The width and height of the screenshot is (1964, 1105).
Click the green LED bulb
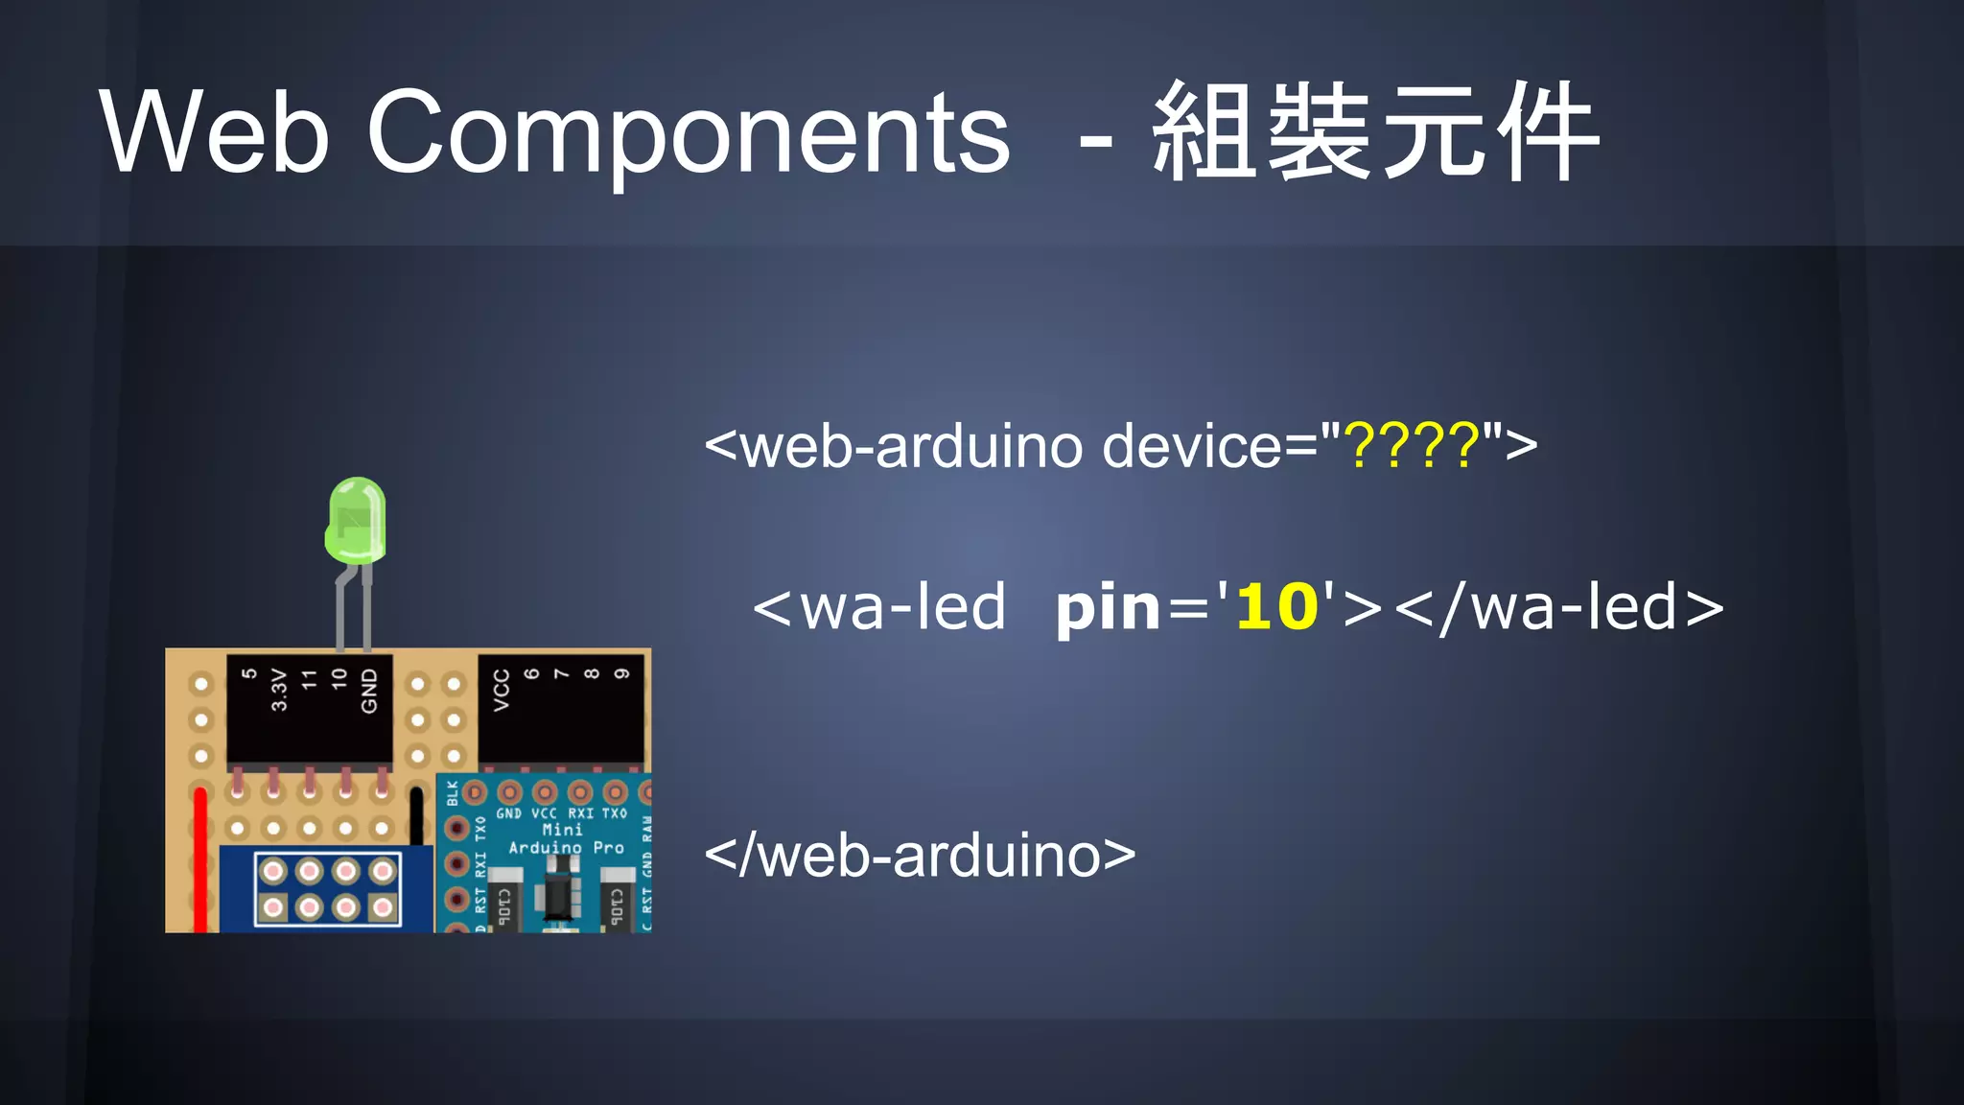[356, 520]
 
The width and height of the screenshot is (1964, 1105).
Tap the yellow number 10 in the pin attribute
[1276, 607]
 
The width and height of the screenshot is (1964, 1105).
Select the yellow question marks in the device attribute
[1413, 446]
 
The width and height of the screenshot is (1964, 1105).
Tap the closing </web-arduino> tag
[920, 855]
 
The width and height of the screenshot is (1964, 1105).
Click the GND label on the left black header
[369, 691]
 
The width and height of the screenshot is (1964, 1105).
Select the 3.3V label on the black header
[279, 690]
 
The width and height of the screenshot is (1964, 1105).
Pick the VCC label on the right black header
[501, 690]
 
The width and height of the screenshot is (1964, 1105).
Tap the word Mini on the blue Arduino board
[562, 830]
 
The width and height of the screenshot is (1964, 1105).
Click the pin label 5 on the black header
[248, 674]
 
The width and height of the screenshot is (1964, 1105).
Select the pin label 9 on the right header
[621, 673]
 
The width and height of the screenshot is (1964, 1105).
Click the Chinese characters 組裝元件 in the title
[1375, 131]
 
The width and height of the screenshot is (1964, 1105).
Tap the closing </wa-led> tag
[1558, 607]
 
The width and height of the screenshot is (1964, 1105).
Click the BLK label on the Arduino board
[453, 793]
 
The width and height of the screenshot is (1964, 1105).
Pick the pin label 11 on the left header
[309, 679]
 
